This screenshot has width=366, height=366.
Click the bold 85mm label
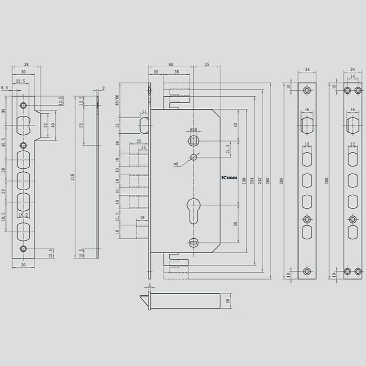click(229, 177)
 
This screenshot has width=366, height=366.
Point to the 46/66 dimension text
click(117, 99)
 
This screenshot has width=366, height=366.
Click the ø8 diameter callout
click(176, 164)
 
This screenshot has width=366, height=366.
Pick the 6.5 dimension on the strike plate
click(4, 88)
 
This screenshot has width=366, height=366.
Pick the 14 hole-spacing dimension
click(352, 76)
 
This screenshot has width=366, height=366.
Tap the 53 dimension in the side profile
click(81, 125)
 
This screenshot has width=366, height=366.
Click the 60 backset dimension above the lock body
click(171, 64)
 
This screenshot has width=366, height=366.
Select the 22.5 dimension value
click(20, 81)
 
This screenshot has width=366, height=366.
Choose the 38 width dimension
click(26, 64)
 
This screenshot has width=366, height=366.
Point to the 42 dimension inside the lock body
click(236, 124)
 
